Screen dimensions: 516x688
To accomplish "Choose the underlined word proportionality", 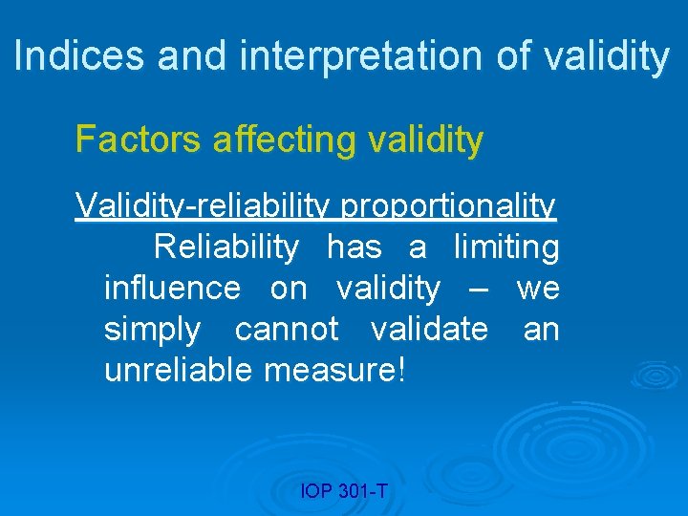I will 448,205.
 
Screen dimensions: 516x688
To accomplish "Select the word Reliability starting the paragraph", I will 226,247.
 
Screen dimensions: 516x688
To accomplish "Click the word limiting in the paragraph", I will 506,247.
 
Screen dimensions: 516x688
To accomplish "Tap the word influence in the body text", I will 172,288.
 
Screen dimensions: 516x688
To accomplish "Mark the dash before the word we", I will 480,288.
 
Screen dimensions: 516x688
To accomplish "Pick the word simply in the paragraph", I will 152,329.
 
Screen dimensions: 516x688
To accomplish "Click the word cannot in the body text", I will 287,329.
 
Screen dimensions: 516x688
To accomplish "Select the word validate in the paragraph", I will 429,329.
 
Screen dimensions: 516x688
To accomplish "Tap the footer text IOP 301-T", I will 344,491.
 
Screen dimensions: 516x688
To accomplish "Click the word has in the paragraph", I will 354,247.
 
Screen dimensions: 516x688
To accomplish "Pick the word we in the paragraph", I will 538,288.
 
